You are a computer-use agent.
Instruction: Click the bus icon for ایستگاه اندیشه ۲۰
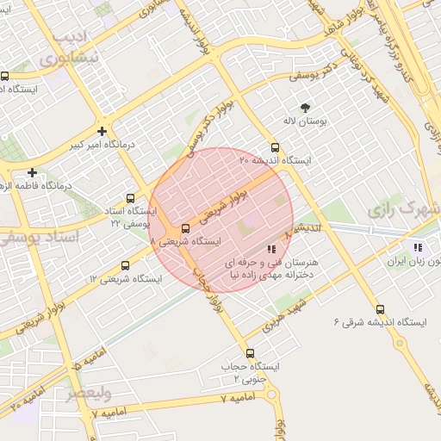coord(275,146)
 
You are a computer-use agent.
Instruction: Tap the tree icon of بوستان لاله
coord(304,108)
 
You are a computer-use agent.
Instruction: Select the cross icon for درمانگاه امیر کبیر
coord(102,131)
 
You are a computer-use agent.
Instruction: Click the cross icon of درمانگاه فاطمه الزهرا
coord(32,172)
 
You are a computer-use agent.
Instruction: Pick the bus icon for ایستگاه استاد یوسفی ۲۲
coord(130,198)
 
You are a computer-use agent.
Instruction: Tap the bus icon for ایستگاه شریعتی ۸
coord(186,229)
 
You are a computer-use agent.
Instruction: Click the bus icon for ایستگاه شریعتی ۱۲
coord(126,265)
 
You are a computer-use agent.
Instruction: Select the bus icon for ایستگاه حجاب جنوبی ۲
coord(250,353)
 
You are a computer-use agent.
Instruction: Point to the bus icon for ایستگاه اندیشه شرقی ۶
coord(380,309)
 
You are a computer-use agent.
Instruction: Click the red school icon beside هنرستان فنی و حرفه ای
coord(272,249)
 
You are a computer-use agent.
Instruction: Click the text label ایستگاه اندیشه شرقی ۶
coord(380,323)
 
